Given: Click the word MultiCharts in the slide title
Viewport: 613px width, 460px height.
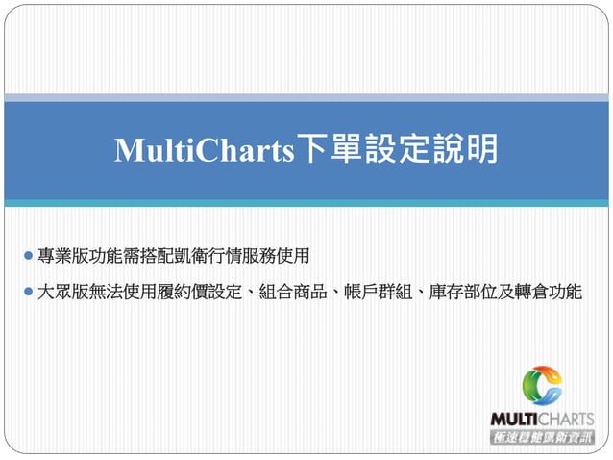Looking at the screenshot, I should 204,150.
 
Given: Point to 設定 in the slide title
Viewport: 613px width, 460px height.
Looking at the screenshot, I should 398,150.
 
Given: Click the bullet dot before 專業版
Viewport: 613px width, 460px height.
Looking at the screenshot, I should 27,256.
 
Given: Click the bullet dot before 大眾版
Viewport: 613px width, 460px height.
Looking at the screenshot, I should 27,290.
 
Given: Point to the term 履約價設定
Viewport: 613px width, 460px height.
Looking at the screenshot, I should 199,291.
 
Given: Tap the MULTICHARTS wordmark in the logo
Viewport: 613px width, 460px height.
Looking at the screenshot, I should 542,419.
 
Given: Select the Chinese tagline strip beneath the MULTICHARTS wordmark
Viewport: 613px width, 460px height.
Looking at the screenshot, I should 542,437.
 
